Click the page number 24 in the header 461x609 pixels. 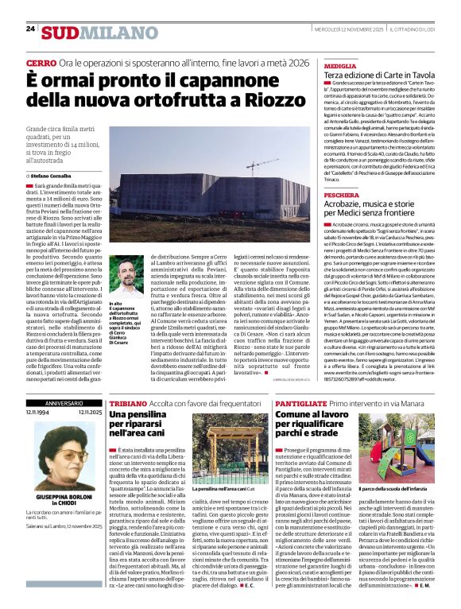[x=31, y=29]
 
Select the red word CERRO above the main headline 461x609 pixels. [x=41, y=62]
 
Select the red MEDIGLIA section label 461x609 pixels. [x=340, y=65]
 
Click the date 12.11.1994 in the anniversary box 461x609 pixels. [x=37, y=413]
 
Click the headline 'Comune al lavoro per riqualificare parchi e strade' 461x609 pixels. [x=338, y=427]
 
